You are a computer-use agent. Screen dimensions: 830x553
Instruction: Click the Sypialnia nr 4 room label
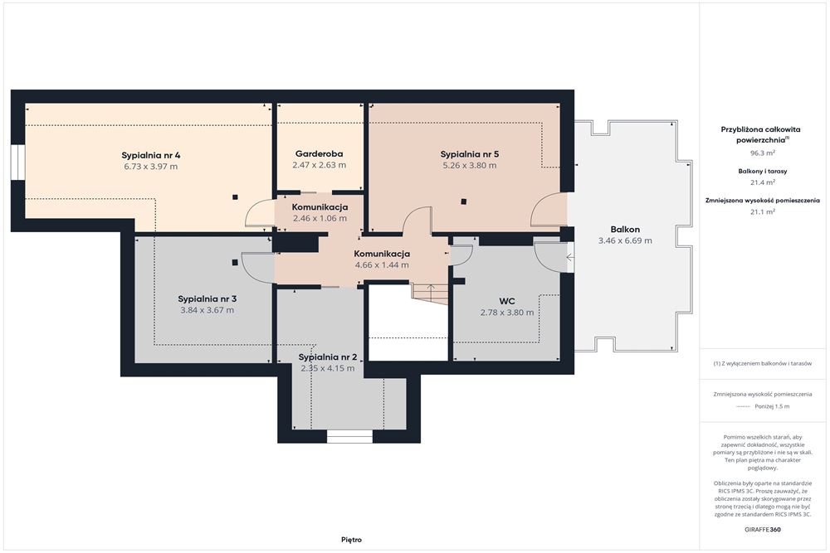(151, 155)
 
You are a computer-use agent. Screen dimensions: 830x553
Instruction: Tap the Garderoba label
(320, 154)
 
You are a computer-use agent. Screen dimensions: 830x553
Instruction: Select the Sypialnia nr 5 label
(470, 154)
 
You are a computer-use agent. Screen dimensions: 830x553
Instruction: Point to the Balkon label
(625, 230)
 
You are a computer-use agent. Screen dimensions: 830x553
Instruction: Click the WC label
(507, 301)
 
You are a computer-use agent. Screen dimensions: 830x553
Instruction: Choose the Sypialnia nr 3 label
(207, 299)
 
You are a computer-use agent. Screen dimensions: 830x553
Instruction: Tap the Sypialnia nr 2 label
(328, 357)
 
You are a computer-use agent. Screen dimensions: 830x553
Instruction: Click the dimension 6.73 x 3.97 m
(151, 167)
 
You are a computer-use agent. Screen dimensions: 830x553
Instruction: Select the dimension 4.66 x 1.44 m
(382, 265)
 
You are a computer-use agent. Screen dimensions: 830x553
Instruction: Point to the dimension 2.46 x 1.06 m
(320, 218)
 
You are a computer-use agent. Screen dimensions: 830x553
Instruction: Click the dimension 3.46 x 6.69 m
(625, 240)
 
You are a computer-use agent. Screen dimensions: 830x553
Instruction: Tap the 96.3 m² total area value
(763, 153)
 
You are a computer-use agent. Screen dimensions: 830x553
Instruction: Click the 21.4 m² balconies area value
(763, 182)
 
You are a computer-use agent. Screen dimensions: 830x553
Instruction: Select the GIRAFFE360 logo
(763, 529)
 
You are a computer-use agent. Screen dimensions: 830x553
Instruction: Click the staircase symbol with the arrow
(429, 293)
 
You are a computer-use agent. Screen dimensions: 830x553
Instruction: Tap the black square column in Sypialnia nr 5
(464, 201)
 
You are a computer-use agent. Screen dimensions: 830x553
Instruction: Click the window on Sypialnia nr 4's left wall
(18, 163)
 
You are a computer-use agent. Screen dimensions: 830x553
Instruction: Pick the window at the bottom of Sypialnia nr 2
(349, 437)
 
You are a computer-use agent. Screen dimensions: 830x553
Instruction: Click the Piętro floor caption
(351, 540)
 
